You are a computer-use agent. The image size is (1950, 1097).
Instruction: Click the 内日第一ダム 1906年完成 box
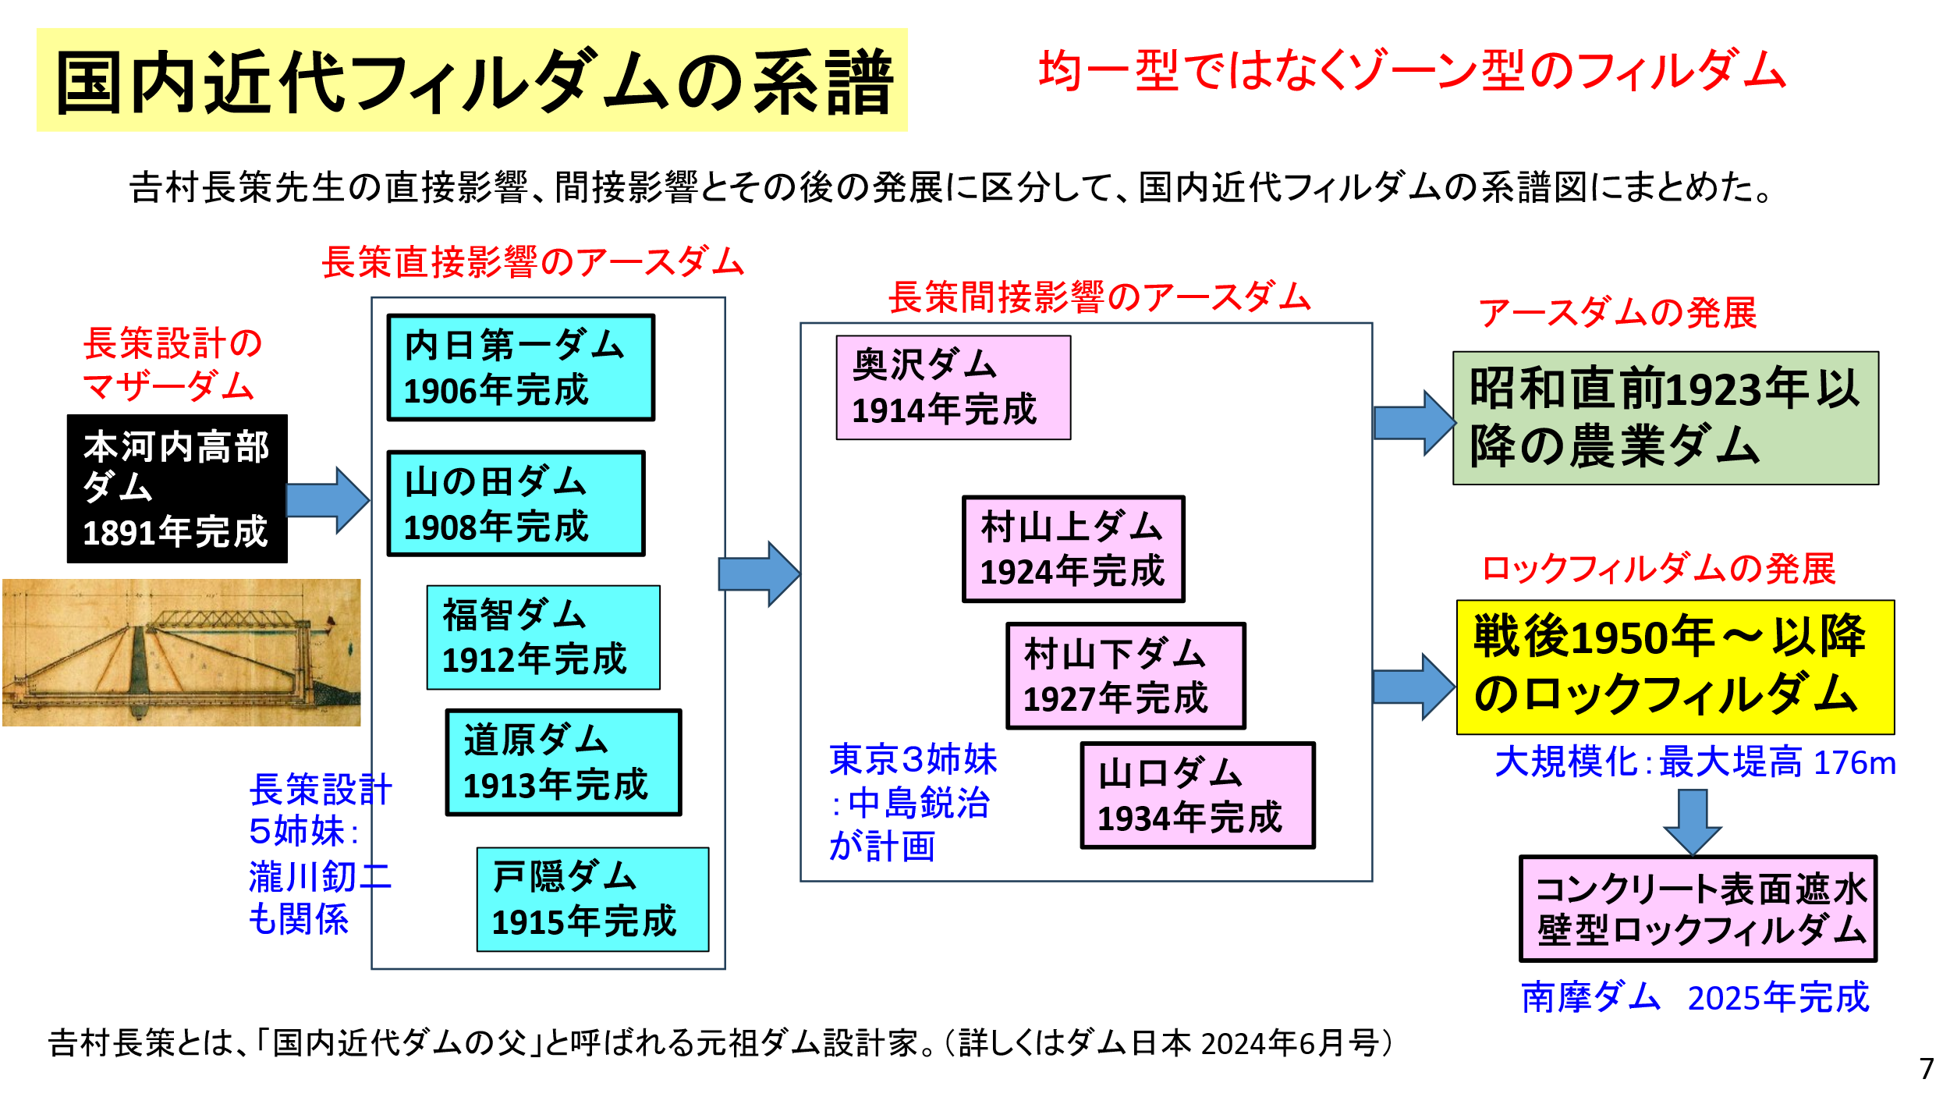pos(520,367)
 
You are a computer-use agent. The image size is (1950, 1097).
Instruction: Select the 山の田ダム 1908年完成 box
pos(516,503)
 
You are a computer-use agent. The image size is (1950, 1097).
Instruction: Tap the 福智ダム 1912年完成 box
pos(543,637)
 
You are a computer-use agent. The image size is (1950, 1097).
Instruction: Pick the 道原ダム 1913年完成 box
pos(563,762)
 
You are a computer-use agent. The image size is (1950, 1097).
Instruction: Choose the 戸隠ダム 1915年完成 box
pos(593,899)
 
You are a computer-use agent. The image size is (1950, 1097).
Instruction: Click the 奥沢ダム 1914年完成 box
pos(953,388)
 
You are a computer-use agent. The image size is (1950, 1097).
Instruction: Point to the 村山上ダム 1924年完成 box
pos(1073,549)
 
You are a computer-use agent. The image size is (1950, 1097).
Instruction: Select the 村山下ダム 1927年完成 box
pos(1126,676)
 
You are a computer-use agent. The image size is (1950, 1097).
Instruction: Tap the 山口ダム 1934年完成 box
pos(1197,795)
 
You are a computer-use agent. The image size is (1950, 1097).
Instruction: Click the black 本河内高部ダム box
pos(177,488)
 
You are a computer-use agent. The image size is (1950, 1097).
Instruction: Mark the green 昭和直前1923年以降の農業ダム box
pos(1665,418)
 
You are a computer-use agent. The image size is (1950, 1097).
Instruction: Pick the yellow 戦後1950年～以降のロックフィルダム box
pos(1675,667)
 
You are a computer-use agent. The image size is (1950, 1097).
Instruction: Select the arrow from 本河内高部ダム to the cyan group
pos(328,500)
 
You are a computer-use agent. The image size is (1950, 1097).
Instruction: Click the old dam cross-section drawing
pos(181,652)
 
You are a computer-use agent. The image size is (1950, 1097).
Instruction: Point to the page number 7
pos(1927,1068)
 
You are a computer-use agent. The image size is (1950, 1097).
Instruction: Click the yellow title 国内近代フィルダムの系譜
pos(472,80)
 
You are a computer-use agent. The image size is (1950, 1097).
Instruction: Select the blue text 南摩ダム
pos(1590,997)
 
